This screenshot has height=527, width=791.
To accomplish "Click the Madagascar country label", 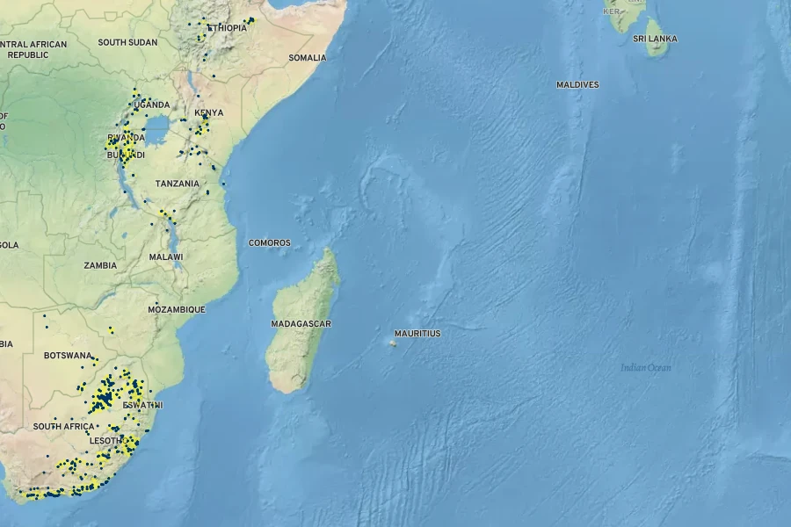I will pos(301,324).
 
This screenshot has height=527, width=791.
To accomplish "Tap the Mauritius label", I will pos(417,334).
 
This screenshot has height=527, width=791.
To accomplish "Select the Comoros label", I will pos(269,243).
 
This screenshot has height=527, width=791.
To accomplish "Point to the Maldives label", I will pos(577,85).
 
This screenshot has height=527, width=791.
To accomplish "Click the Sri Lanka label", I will pos(655,40).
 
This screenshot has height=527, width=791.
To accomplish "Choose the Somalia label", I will pos(307,58).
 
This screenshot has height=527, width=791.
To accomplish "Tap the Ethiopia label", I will pos(227,28).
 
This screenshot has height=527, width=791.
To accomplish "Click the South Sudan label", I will pos(127,42).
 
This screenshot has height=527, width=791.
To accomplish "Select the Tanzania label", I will pos(177,184).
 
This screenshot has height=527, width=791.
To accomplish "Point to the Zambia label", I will pos(100,265).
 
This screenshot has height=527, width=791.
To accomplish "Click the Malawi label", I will pos(166,257).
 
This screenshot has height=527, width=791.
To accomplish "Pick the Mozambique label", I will pos(176,309).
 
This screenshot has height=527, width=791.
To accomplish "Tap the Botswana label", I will pos(68,356).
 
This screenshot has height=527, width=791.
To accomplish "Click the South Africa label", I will pos(63,426).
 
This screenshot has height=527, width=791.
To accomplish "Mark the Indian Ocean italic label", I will pos(646,368).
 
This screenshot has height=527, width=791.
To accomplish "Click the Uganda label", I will pos(151,105).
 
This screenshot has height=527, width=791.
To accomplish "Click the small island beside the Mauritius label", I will pos(391,342).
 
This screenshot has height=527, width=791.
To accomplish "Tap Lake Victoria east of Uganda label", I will pos(158,130).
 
